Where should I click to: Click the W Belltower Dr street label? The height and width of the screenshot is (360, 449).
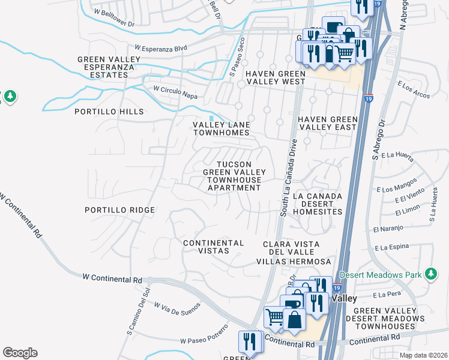point(115,11)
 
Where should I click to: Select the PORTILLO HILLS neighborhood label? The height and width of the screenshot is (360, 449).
point(109,112)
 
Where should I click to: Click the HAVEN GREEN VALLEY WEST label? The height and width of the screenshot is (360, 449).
point(276,77)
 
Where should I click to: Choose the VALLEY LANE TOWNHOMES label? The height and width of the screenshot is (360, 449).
point(220,128)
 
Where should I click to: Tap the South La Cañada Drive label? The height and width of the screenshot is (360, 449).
point(288,177)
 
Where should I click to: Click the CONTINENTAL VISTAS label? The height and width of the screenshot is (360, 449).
point(213,247)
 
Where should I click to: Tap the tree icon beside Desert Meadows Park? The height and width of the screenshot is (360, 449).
point(430,274)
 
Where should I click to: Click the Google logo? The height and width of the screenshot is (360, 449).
point(20,353)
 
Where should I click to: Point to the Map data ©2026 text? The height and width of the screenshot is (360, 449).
point(423,355)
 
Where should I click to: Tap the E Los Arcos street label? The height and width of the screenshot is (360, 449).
point(414,90)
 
